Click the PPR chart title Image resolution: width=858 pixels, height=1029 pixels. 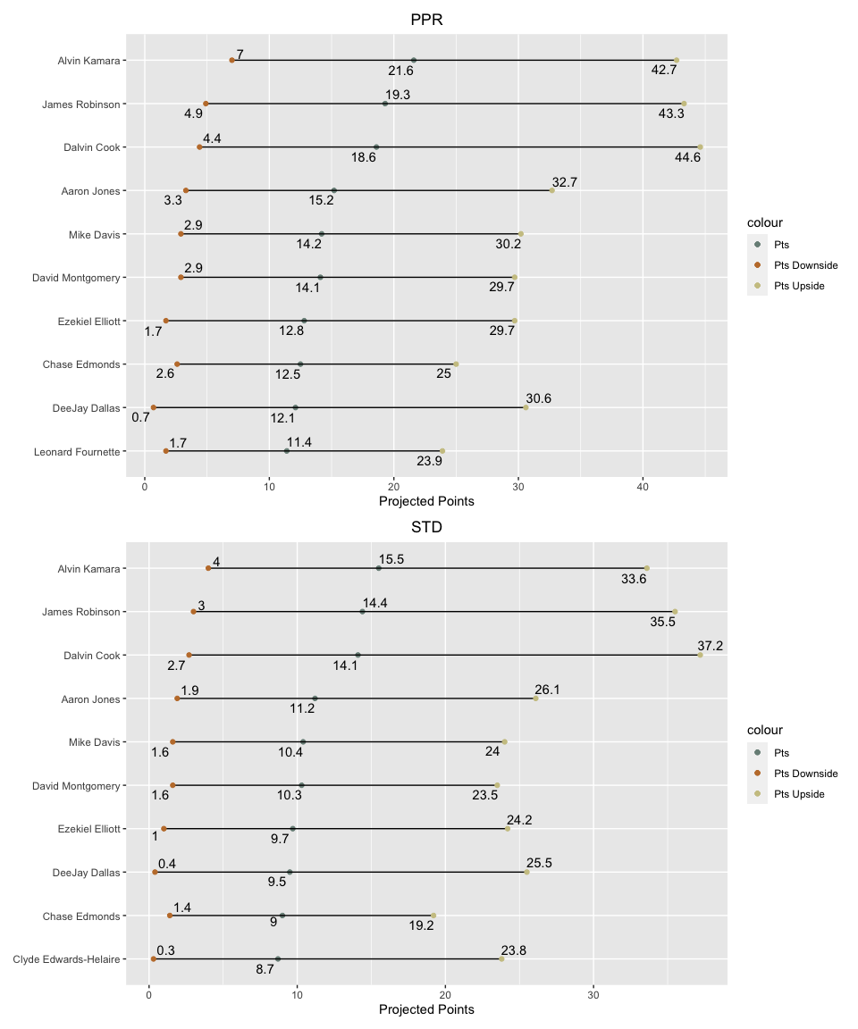(426, 20)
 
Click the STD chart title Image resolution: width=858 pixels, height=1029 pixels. (426, 527)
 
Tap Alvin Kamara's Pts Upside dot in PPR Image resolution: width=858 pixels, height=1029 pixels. (677, 61)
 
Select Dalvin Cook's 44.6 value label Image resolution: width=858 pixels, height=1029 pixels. (687, 157)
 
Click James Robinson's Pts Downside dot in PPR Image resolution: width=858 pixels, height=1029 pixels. (206, 104)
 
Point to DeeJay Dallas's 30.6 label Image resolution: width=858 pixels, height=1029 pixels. (538, 398)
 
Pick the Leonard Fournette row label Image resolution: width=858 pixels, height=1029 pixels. (77, 451)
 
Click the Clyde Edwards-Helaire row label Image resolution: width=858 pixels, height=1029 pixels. (66, 959)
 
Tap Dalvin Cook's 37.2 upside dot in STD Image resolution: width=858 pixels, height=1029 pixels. (700, 655)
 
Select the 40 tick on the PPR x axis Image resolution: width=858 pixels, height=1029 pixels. (643, 487)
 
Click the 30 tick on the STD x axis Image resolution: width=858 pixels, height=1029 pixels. (593, 995)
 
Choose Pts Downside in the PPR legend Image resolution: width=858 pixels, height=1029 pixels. (805, 265)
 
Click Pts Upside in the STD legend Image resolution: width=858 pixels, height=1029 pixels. (799, 794)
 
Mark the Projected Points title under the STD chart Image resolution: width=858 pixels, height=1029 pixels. (426, 1009)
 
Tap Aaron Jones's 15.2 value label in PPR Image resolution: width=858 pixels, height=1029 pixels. (322, 200)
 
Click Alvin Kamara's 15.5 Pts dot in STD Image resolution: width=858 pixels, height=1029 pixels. (379, 568)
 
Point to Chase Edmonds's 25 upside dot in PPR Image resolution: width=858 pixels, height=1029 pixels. (456, 364)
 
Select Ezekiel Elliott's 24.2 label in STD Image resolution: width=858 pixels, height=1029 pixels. (519, 820)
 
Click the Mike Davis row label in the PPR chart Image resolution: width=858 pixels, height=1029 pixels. (95, 234)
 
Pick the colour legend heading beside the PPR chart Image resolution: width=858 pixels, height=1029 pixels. (765, 222)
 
